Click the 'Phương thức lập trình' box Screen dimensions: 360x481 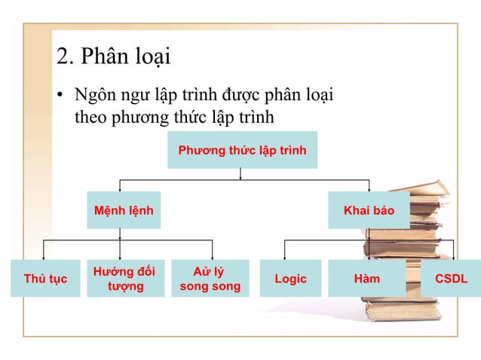[242, 151]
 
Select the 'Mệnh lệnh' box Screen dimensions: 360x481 [123, 210]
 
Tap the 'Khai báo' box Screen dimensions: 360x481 [369, 210]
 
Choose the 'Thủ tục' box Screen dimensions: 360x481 [45, 279]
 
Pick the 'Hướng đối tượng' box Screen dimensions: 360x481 [125, 279]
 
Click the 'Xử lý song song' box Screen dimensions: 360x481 [210, 279]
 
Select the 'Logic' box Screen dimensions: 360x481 [290, 279]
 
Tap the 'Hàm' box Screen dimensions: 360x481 [367, 279]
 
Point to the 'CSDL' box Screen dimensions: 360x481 [451, 279]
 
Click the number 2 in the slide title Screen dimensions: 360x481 [63, 56]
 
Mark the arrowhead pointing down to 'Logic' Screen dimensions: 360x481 [284, 256]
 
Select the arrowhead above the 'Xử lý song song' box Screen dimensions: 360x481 [212, 256]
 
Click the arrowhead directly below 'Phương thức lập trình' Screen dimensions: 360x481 [240, 178]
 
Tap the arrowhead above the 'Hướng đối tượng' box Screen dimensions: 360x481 [121, 256]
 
